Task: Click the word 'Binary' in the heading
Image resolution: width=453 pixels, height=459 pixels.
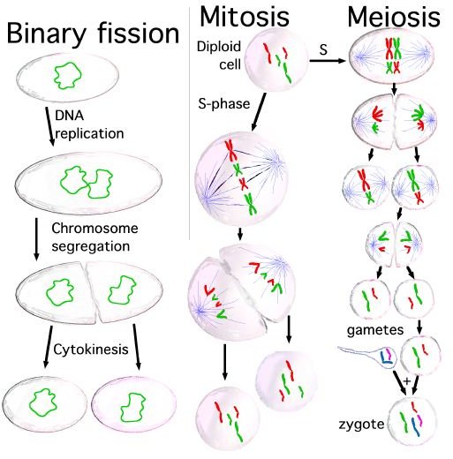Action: tap(46, 34)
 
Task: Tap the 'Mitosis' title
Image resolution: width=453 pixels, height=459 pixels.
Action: tap(245, 17)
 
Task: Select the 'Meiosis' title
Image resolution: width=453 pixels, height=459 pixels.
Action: tap(394, 17)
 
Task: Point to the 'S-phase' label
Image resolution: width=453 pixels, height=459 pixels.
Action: tap(224, 103)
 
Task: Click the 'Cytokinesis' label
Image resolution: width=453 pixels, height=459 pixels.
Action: tap(91, 350)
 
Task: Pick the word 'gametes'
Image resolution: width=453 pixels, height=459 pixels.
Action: tap(375, 330)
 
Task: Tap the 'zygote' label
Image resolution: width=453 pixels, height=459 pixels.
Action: tap(361, 425)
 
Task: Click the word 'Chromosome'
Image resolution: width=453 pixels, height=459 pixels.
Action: tap(94, 229)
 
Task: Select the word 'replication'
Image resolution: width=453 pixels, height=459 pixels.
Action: tap(89, 134)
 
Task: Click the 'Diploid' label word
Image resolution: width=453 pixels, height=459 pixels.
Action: tap(219, 47)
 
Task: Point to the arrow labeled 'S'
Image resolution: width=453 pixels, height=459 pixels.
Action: tap(328, 61)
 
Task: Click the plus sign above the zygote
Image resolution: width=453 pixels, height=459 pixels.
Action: tap(407, 381)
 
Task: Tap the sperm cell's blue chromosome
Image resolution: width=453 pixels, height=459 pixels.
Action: tap(384, 357)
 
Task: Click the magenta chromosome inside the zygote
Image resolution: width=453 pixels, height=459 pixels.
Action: tap(419, 420)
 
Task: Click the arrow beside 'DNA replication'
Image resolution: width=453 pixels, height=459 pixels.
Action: tap(49, 126)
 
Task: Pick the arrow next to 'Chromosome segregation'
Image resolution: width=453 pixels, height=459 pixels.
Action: tap(36, 239)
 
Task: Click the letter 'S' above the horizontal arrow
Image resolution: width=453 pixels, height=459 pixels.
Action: tap(323, 49)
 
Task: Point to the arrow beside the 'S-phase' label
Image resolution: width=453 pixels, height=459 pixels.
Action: tap(259, 112)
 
